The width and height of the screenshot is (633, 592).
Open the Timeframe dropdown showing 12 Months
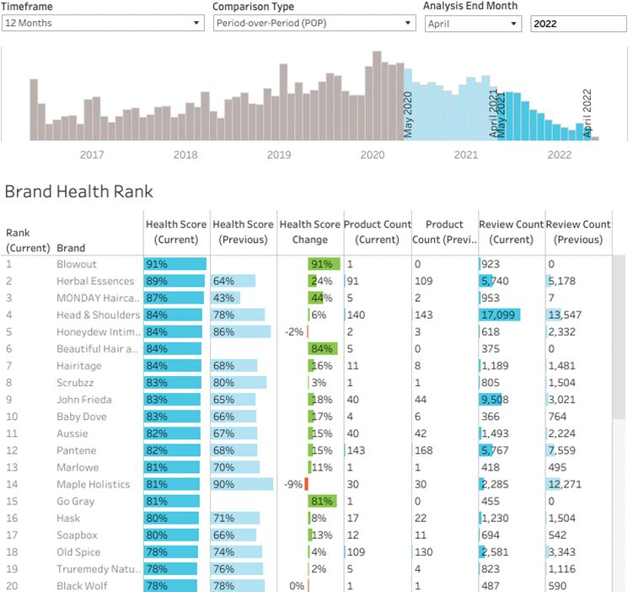(x=103, y=24)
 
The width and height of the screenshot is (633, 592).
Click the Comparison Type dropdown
(x=313, y=24)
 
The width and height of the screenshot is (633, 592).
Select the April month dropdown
(x=473, y=24)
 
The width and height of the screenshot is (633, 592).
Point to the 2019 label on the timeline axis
(x=278, y=154)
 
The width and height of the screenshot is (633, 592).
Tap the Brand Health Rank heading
(x=78, y=191)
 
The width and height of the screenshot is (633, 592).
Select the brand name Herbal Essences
(x=95, y=281)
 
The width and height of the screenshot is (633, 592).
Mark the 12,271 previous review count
(x=566, y=484)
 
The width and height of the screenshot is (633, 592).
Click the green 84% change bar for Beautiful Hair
(x=321, y=348)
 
